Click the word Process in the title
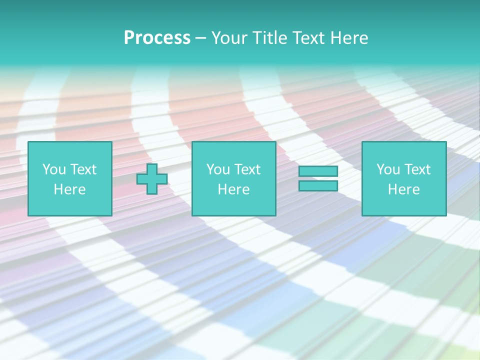click(157, 38)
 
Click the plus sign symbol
click(152, 179)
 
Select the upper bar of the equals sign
click(318, 171)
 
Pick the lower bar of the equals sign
click(318, 186)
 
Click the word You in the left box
click(54, 169)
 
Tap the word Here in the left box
click(69, 189)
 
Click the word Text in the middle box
click(247, 169)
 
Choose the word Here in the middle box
click(233, 189)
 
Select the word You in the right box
click(388, 169)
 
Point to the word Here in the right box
click(403, 189)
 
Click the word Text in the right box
click(417, 169)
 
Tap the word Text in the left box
click(83, 169)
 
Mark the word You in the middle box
click(218, 169)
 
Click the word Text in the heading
click(307, 38)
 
